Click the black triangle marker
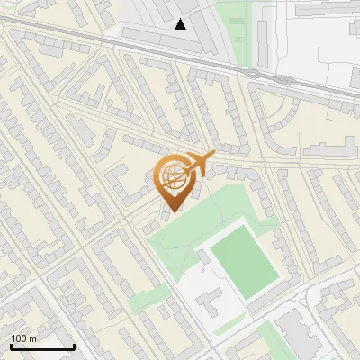tap(181, 24)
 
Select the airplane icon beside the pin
tap(200, 163)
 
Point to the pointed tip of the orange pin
tap(171, 211)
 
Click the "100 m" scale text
tap(23, 338)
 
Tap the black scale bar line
tap(42, 346)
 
